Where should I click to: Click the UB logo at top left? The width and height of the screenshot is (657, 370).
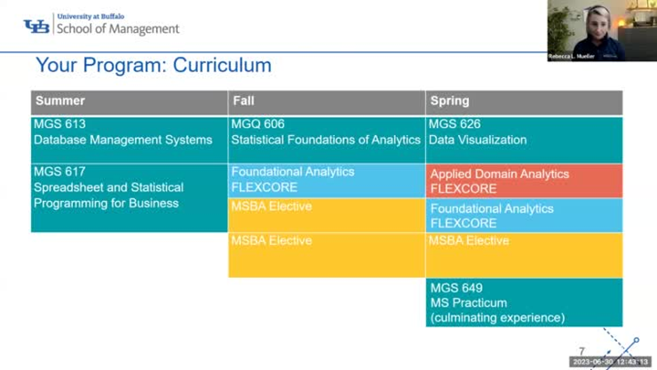pos(36,26)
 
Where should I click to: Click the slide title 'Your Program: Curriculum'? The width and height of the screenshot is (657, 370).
pos(153,66)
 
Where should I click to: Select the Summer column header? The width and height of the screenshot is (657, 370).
pos(59,101)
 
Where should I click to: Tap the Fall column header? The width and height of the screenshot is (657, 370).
pos(244,101)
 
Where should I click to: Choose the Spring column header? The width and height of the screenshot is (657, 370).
pos(449,101)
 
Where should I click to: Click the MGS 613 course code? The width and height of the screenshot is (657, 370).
pos(59,124)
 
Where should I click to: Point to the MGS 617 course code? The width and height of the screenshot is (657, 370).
pos(59,172)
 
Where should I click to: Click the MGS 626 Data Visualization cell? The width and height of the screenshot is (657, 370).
pos(524,139)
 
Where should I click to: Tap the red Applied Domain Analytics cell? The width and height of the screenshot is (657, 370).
pos(524,181)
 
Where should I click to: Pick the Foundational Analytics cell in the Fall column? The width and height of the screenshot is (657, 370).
pos(326,180)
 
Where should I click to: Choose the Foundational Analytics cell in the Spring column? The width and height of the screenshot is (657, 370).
pos(524,216)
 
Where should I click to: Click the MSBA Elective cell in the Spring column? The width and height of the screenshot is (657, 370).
pos(524,254)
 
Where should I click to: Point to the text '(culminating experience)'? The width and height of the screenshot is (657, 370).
pos(496,318)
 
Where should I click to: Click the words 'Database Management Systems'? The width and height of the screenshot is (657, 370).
pos(122,140)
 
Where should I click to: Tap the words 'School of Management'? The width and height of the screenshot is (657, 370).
pos(118,29)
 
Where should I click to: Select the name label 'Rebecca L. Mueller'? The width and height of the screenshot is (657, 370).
pos(572,57)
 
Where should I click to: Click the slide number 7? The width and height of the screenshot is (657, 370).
pos(582,351)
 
